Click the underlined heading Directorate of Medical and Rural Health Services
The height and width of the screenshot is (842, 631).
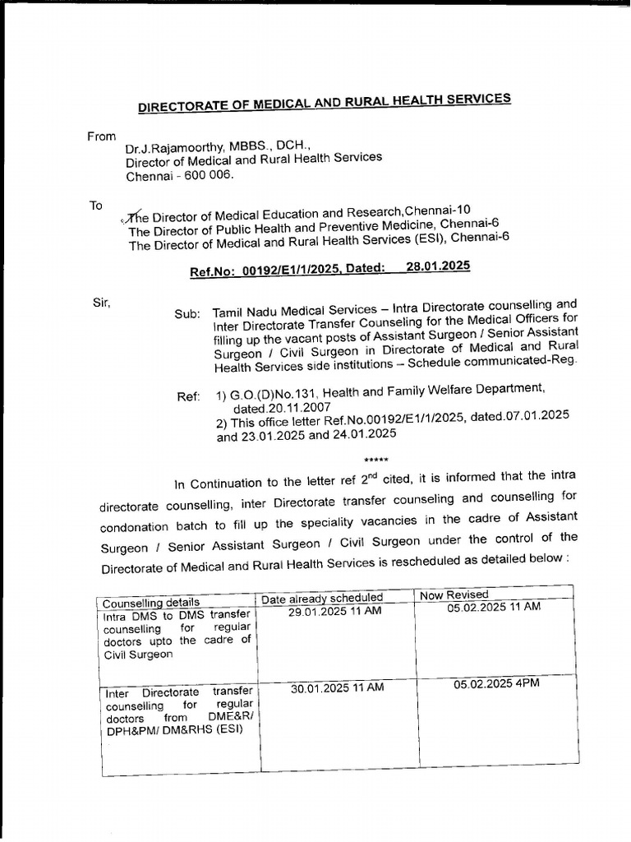pyautogui.click(x=324, y=103)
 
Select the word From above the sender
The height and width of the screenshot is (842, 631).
pyautogui.click(x=101, y=136)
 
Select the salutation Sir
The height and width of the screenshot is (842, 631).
pyautogui.click(x=101, y=302)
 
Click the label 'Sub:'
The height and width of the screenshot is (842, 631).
pyautogui.click(x=187, y=314)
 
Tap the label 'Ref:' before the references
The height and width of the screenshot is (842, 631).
pyautogui.click(x=189, y=397)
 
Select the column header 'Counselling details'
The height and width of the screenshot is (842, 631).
pyautogui.click(x=151, y=603)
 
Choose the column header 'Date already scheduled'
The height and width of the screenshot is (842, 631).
pyautogui.click(x=322, y=598)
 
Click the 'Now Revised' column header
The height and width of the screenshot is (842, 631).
pyautogui.click(x=454, y=594)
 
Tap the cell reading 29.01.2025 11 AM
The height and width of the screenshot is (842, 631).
pyautogui.click(x=335, y=612)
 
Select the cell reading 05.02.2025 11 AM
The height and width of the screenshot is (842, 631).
pyautogui.click(x=494, y=607)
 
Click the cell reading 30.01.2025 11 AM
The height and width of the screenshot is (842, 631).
pyautogui.click(x=337, y=688)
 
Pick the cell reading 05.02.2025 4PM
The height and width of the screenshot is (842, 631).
pyautogui.click(x=496, y=683)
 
